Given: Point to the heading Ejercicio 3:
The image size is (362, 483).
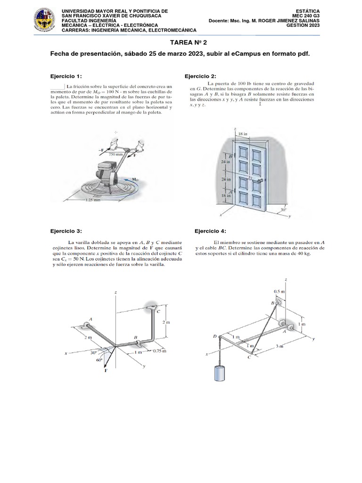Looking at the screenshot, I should [x=66, y=231].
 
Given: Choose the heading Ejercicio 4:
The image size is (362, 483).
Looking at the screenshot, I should [x=210, y=231].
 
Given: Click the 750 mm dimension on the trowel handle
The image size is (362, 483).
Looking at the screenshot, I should [x=115, y=154].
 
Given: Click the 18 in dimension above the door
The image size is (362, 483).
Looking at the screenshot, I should [x=242, y=134].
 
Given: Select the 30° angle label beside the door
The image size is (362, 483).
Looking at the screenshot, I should [x=283, y=210].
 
